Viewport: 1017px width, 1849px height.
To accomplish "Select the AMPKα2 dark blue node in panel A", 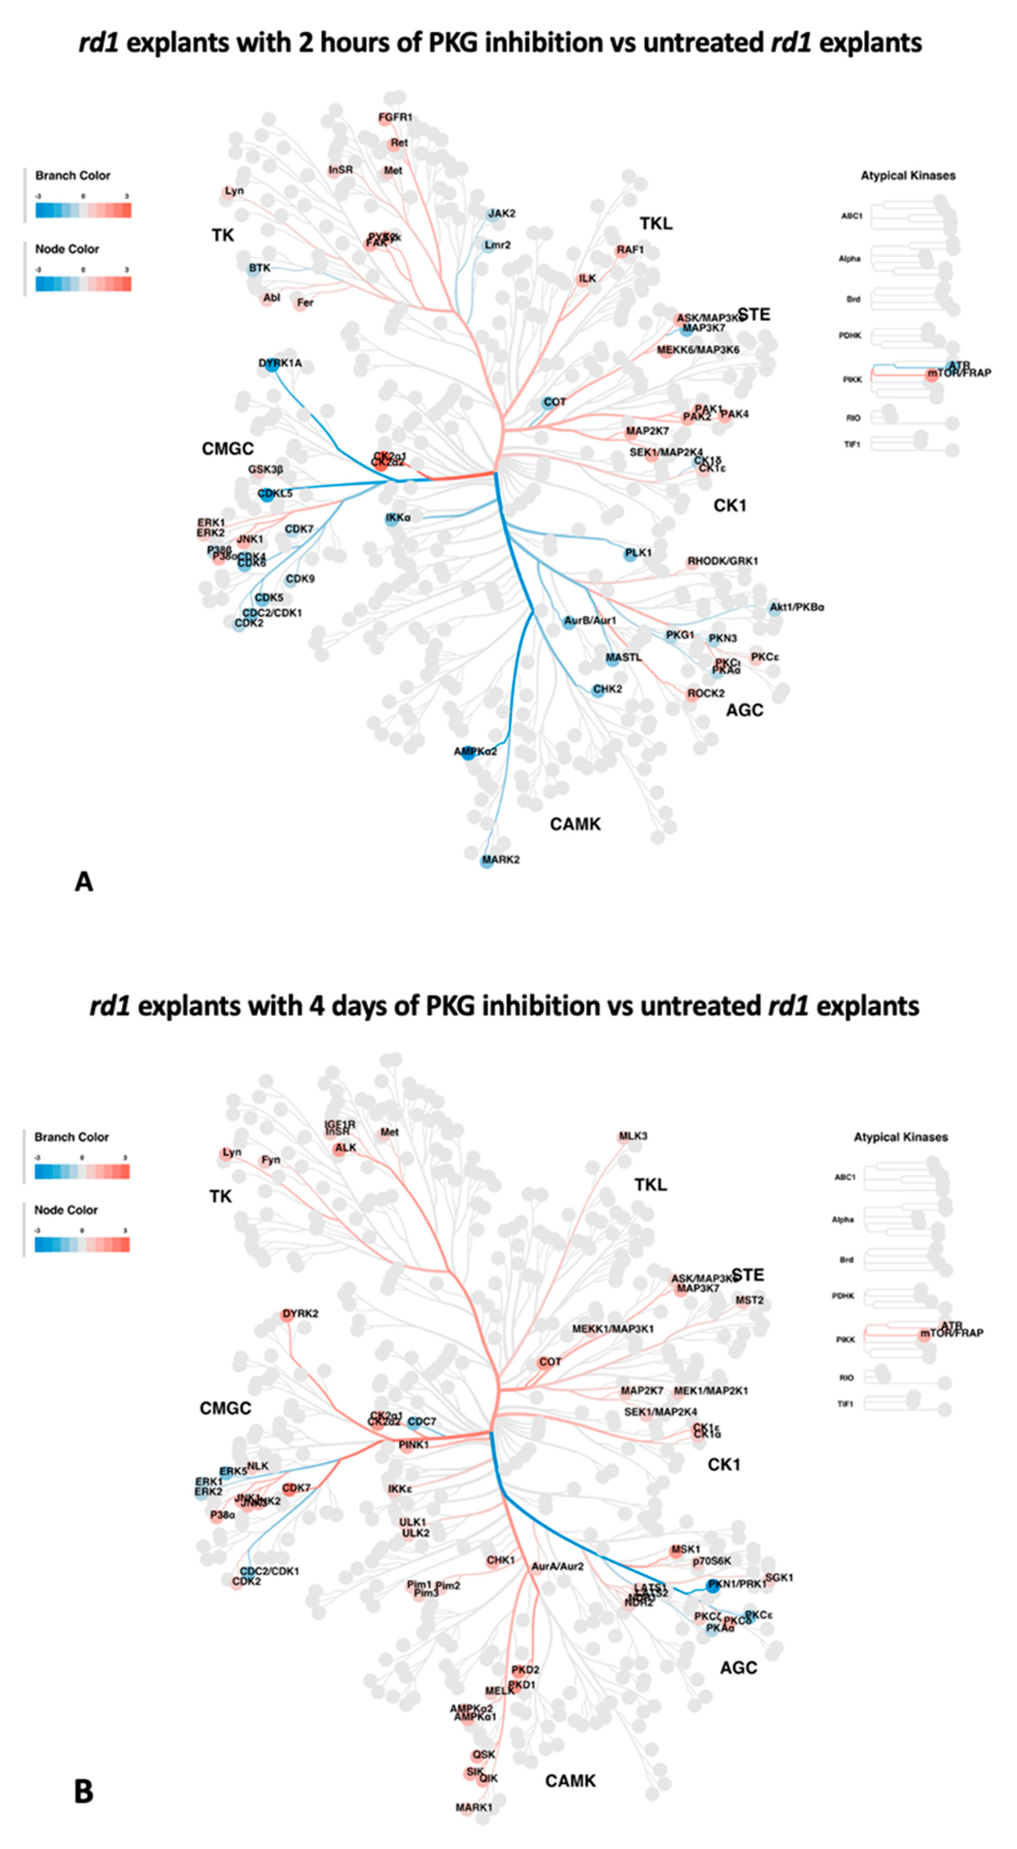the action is pyautogui.click(x=468, y=753).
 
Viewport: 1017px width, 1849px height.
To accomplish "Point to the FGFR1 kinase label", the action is pyautogui.click(x=396, y=117).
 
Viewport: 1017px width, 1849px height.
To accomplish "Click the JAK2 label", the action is pyautogui.click(x=502, y=213).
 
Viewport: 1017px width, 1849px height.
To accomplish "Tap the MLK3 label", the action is pyautogui.click(x=633, y=1136).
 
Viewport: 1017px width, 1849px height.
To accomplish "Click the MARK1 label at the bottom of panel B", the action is pyautogui.click(x=474, y=1807).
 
